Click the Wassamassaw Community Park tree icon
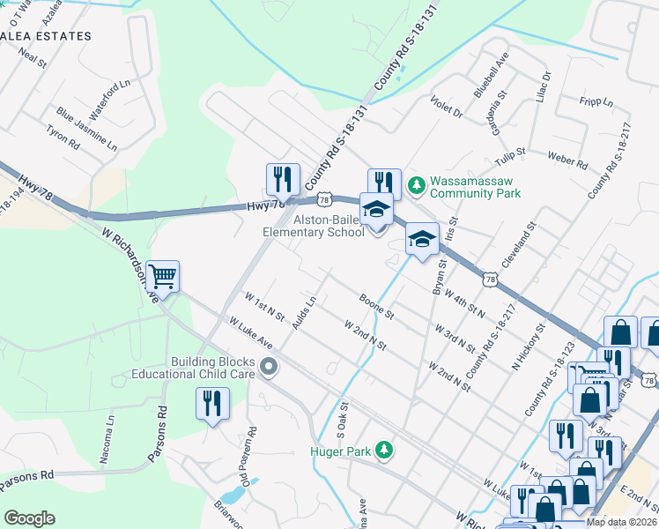click(x=416, y=186)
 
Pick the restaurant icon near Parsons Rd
click(x=212, y=405)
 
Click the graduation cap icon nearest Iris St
click(x=422, y=240)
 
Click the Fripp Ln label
click(x=596, y=102)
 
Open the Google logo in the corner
click(x=29, y=518)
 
